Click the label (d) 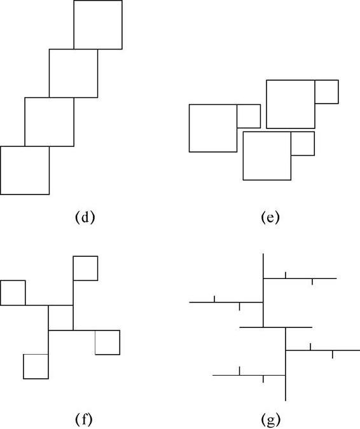click(85, 217)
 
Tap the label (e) click(270, 217)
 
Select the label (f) click(83, 419)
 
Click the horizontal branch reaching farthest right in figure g click(322, 350)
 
